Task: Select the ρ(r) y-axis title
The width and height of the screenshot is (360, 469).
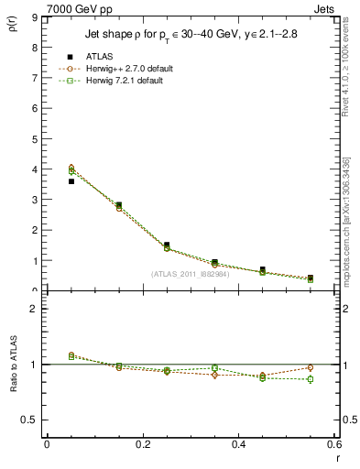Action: point(13,24)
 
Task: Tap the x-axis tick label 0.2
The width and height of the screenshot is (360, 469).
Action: point(143,444)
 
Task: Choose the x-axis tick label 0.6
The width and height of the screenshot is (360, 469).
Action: point(334,444)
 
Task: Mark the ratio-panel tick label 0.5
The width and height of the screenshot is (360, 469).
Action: point(30,420)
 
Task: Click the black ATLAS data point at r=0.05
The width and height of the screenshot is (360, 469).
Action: point(71,181)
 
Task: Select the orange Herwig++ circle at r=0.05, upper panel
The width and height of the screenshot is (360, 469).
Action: point(71,168)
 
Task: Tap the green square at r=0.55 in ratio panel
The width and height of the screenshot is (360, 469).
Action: point(311,379)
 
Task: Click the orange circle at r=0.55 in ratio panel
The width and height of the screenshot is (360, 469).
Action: point(311,367)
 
